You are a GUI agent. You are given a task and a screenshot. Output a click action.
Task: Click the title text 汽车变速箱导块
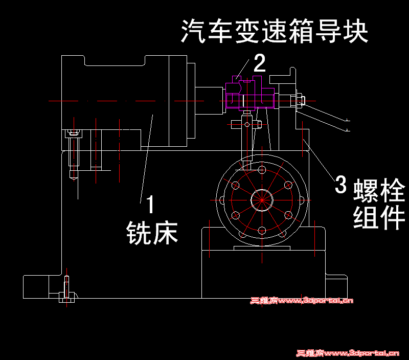click(x=275, y=32)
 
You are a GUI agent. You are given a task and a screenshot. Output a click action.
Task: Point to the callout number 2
click(x=260, y=63)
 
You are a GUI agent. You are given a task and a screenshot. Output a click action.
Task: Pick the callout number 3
click(x=340, y=185)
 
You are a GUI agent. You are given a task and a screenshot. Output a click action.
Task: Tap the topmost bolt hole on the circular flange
click(x=262, y=168)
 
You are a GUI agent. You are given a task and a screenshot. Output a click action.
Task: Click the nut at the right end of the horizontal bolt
click(x=298, y=100)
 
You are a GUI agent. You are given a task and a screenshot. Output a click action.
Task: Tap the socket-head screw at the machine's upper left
click(x=74, y=134)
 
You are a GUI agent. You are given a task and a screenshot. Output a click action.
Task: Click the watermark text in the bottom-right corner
click(x=348, y=353)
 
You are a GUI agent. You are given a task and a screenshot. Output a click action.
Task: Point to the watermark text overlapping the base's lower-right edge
click(x=302, y=301)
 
